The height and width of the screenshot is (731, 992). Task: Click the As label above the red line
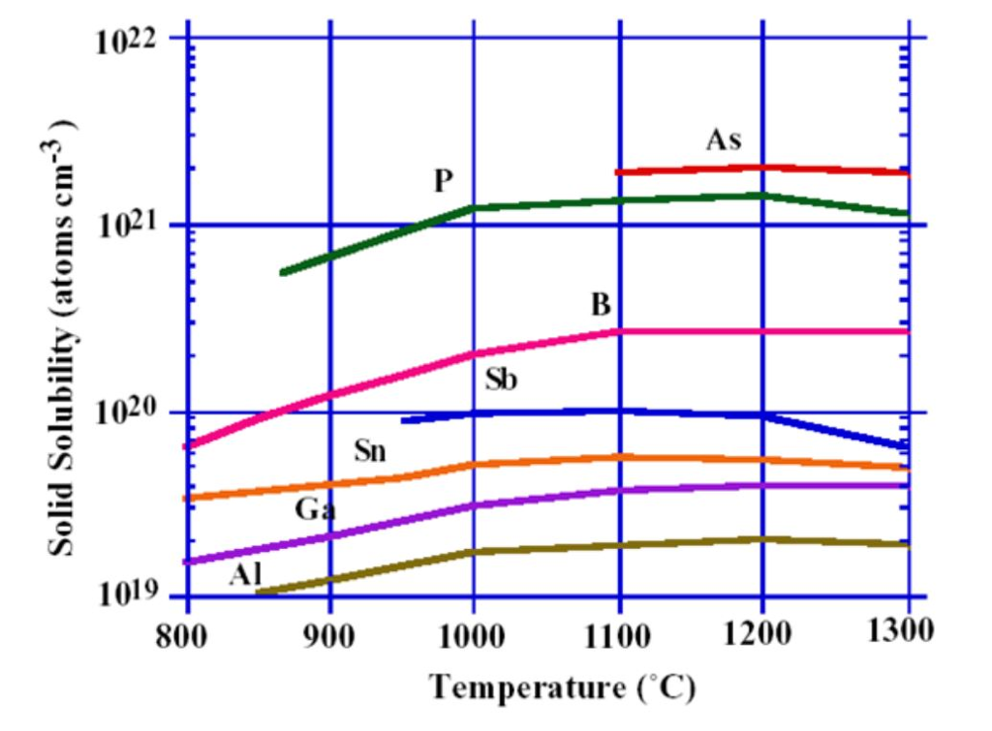pyautogui.click(x=724, y=140)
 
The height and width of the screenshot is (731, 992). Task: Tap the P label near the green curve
pyautogui.click(x=445, y=179)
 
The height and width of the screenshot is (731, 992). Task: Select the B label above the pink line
pyautogui.click(x=601, y=306)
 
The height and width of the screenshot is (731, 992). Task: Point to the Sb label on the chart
pyautogui.click(x=501, y=379)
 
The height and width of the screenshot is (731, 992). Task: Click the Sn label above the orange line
pyautogui.click(x=370, y=450)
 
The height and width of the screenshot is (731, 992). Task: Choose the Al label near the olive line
pyautogui.click(x=246, y=574)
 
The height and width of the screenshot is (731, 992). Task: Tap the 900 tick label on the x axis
pyautogui.click(x=330, y=632)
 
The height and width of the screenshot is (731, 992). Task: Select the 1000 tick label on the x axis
pyautogui.click(x=473, y=632)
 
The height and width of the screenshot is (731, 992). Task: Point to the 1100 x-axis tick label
pyautogui.click(x=618, y=632)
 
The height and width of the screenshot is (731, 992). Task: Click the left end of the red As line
pyautogui.click(x=618, y=172)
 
